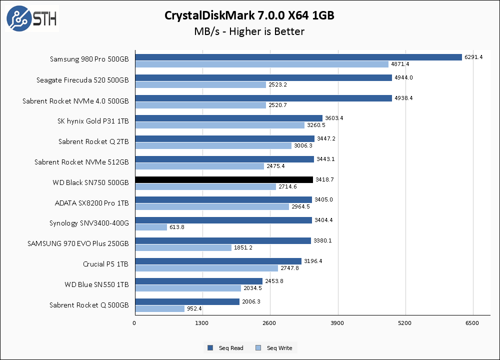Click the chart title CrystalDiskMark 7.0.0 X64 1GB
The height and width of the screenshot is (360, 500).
click(x=249, y=16)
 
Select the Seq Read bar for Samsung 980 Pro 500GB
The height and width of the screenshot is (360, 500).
click(x=298, y=57)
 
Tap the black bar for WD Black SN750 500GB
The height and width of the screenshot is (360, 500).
click(x=223, y=179)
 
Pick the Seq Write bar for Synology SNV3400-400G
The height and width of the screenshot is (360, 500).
click(x=150, y=227)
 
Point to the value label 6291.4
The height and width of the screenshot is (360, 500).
click(x=473, y=57)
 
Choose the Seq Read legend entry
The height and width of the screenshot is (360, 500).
click(x=225, y=348)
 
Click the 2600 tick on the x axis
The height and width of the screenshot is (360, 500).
click(x=269, y=323)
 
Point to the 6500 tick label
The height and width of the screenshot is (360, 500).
click(x=472, y=323)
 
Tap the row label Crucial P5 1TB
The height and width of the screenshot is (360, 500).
click(x=105, y=264)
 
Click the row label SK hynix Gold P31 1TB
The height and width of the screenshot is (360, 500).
click(x=93, y=121)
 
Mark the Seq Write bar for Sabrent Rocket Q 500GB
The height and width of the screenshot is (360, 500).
click(x=159, y=309)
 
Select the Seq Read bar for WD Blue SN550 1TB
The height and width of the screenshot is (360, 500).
click(x=198, y=281)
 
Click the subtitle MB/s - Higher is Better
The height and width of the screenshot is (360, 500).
click(x=249, y=31)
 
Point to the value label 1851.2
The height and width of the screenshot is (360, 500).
click(x=243, y=247)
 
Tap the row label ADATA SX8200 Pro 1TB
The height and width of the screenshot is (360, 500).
click(x=91, y=203)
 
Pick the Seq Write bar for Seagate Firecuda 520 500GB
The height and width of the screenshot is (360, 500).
click(x=200, y=84)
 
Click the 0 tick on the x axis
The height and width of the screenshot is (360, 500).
click(x=134, y=323)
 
